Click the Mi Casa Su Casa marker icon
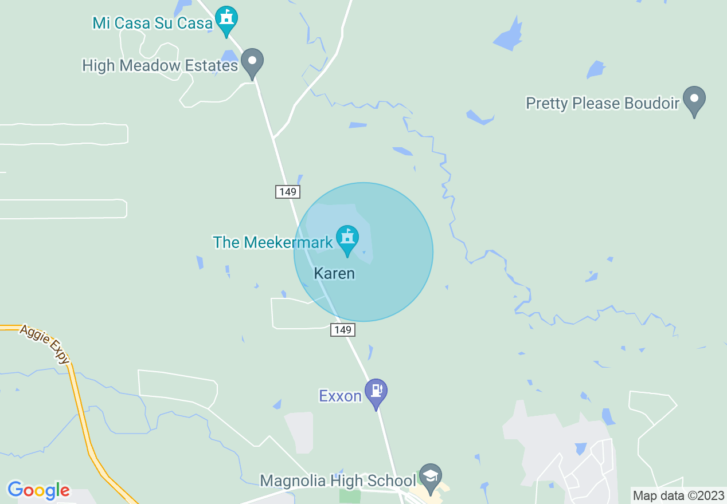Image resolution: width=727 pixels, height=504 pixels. [x=226, y=19]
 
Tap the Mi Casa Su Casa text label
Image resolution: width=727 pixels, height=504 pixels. [x=153, y=23]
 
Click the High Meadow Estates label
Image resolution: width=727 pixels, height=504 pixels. [x=160, y=66]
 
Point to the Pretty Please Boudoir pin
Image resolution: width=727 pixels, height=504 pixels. [x=694, y=99]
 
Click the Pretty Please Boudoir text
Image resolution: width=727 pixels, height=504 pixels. [x=603, y=104]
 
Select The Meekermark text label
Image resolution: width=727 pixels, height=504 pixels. [x=273, y=242]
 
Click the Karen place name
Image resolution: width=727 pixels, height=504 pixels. [x=334, y=273]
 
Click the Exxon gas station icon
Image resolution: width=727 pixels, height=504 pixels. [x=376, y=391]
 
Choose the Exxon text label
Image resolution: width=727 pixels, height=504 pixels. [x=340, y=396]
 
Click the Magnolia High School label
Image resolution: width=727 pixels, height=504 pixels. [x=338, y=480]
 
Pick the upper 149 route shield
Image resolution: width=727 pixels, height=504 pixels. [x=287, y=192]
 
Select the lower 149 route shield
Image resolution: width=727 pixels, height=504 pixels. [x=342, y=329]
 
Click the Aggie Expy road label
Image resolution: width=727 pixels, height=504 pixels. [x=45, y=344]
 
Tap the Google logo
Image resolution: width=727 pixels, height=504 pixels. [x=38, y=490]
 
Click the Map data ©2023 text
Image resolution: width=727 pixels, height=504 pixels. [x=678, y=495]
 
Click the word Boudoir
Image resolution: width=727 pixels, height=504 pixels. [x=652, y=104]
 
